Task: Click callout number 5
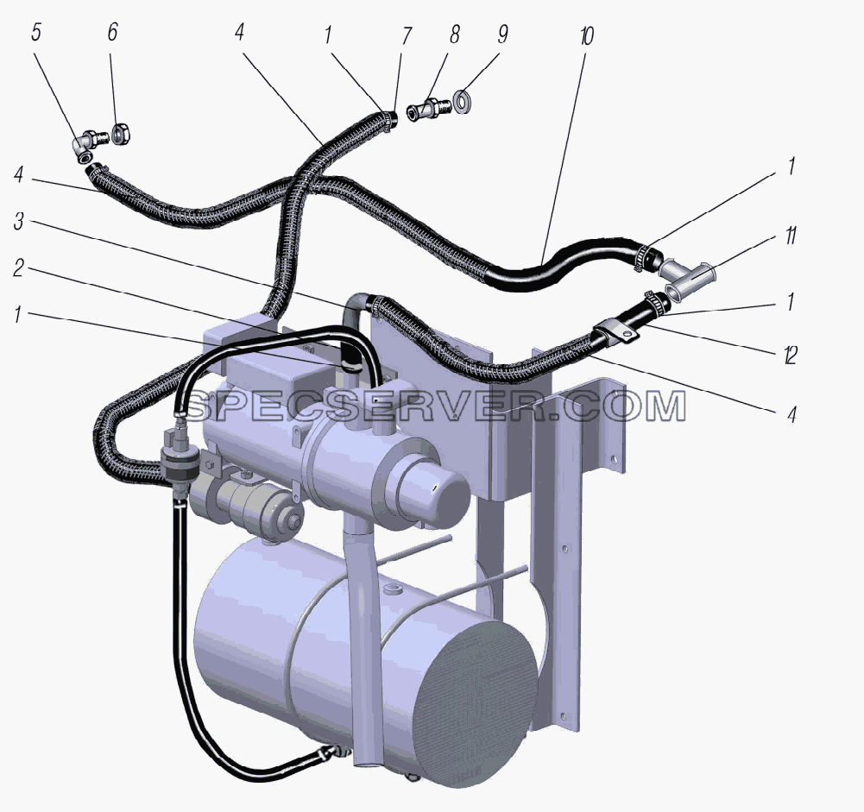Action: pyautogui.click(x=35, y=33)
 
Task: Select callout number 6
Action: pyautogui.click(x=112, y=32)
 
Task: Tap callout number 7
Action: pyautogui.click(x=406, y=35)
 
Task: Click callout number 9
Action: pyautogui.click(x=502, y=35)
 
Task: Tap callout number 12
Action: pyautogui.click(x=790, y=356)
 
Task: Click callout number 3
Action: pyautogui.click(x=19, y=222)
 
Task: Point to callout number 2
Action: pyautogui.click(x=19, y=268)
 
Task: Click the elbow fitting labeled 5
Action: pyautogui.click(x=86, y=145)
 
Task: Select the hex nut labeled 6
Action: pyautogui.click(x=120, y=133)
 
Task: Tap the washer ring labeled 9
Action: pyautogui.click(x=461, y=102)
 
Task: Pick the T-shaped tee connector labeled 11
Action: pyautogui.click(x=689, y=275)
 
